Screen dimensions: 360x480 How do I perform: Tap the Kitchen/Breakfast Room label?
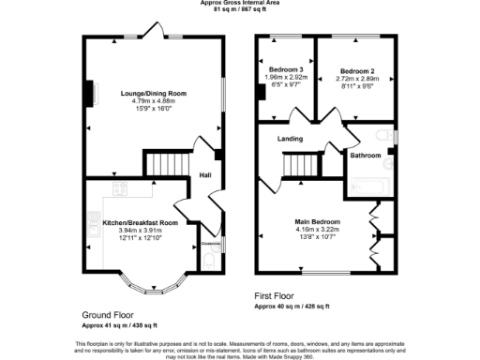pyautogui.click(x=137, y=222)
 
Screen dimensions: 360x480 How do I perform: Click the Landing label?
pyautogui.click(x=290, y=140)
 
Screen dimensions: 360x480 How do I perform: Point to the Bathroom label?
pyautogui.click(x=366, y=156)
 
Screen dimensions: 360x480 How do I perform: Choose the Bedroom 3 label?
pyautogui.click(x=284, y=71)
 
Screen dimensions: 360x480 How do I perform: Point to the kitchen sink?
pyautogui.click(x=94, y=223)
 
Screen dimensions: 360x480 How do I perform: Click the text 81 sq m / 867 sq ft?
pyautogui.click(x=239, y=9)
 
